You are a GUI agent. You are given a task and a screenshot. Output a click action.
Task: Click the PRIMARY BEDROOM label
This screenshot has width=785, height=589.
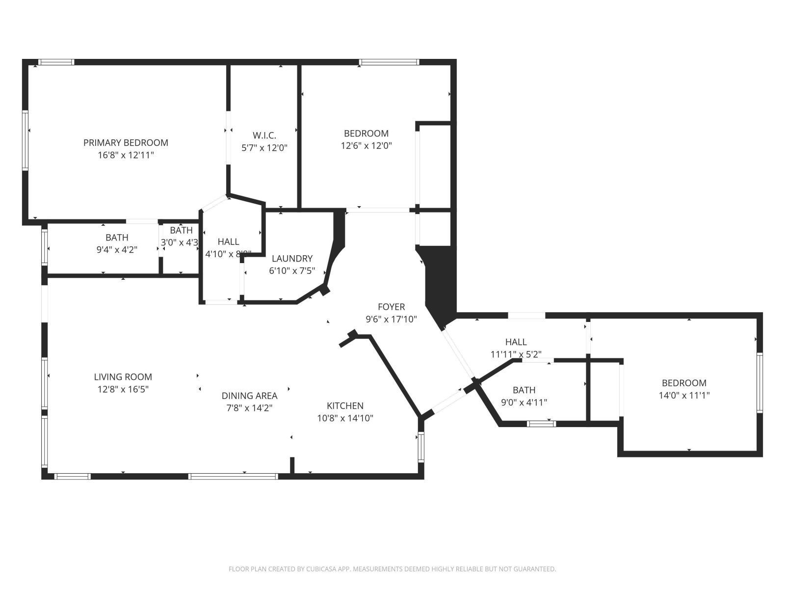click(x=126, y=143)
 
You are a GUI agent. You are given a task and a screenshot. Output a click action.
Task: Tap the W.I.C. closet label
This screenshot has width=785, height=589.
click(x=264, y=135)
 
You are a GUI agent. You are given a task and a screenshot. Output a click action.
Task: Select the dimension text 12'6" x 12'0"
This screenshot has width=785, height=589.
click(x=366, y=146)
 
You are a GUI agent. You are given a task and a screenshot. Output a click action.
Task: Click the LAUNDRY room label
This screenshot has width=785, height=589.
click(x=292, y=259)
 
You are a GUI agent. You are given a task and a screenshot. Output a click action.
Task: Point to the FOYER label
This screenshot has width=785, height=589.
click(x=391, y=307)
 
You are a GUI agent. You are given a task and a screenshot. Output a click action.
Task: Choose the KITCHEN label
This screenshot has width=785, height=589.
click(x=345, y=406)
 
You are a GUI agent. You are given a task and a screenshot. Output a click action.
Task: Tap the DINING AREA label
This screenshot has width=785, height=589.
click(x=249, y=396)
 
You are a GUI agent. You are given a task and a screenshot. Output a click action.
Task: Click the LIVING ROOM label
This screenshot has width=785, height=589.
click(x=123, y=377)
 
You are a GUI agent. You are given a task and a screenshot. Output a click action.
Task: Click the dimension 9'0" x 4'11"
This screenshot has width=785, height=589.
click(x=523, y=402)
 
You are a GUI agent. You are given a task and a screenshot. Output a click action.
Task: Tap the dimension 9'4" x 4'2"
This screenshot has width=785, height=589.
click(x=117, y=249)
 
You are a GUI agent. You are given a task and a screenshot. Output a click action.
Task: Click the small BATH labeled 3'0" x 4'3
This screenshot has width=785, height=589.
click(x=181, y=230)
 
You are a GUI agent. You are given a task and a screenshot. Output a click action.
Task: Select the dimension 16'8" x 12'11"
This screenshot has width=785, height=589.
click(x=126, y=155)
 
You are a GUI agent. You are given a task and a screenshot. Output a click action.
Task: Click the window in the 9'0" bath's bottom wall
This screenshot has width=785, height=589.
click(x=541, y=423)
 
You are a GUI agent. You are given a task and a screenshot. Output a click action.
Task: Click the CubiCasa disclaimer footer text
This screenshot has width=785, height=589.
click(x=392, y=569)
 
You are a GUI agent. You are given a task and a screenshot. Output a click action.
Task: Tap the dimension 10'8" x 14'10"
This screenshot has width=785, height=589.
click(x=345, y=418)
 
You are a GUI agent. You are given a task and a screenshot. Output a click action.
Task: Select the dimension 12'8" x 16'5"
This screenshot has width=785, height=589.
click(x=123, y=389)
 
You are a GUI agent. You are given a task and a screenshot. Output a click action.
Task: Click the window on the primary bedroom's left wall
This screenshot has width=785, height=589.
click(x=25, y=140)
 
